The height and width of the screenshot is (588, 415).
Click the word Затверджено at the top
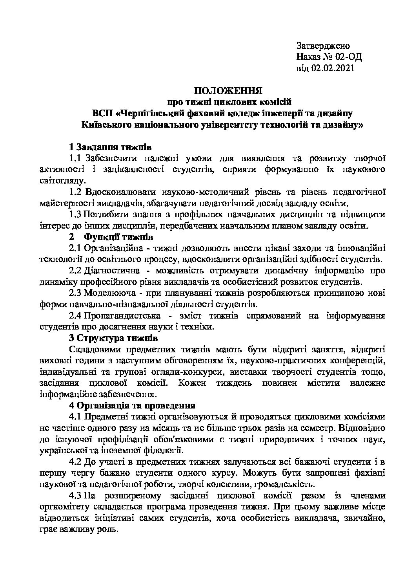tap(323, 46)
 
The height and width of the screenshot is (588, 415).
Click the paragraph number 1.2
tap(75, 192)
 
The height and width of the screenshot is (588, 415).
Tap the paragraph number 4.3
tap(75, 496)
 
